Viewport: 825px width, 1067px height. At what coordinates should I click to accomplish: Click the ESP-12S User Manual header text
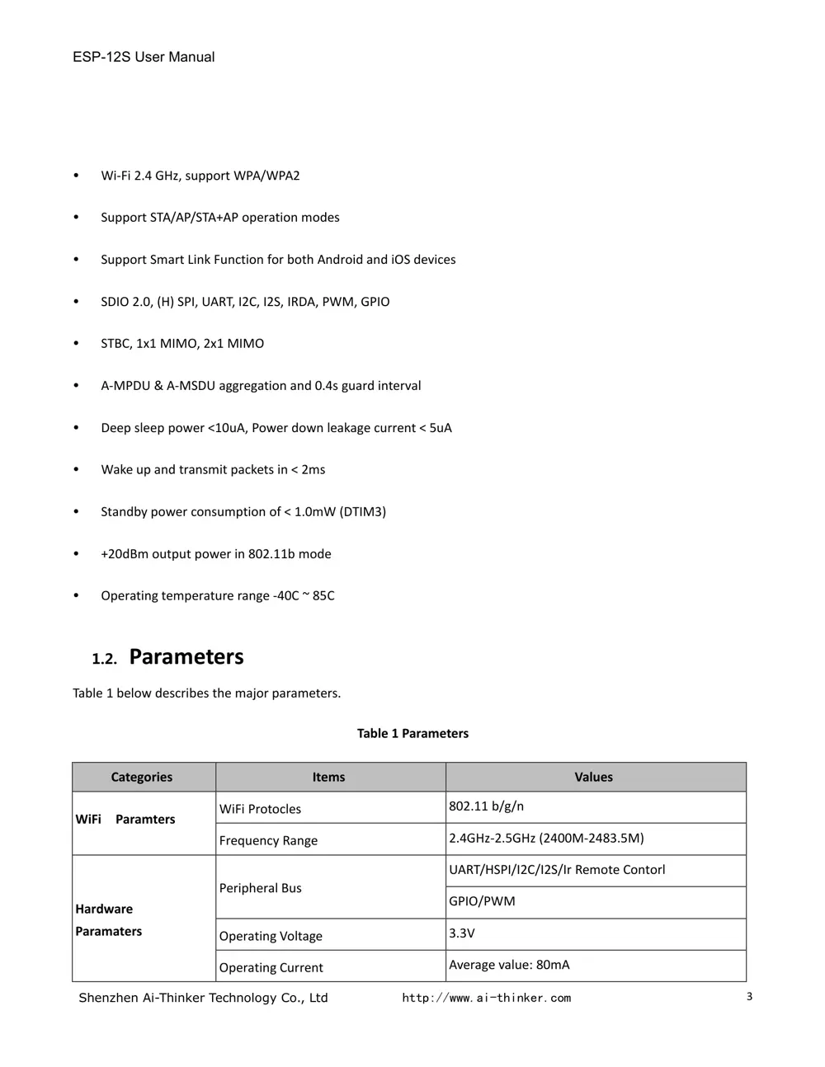coord(144,57)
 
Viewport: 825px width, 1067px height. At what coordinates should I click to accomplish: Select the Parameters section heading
coord(186,657)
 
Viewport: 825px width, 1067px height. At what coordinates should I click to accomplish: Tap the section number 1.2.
coord(104,659)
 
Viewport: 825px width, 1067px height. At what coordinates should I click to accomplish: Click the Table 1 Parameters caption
coord(412,733)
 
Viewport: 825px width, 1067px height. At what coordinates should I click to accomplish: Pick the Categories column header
coord(142,777)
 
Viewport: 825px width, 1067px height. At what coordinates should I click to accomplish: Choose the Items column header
coord(328,777)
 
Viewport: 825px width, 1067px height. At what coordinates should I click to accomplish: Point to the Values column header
coord(594,777)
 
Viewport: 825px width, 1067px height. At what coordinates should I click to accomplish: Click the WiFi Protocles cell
coord(261,809)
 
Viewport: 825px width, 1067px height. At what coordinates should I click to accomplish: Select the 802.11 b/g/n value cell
coord(487,806)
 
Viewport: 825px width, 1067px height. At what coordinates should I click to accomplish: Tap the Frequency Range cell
coord(269,840)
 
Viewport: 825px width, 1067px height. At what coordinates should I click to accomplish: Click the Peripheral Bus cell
coord(261,888)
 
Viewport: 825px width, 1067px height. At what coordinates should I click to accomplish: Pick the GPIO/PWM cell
coord(483,901)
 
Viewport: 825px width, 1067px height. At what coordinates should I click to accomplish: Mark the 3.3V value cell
coord(462,933)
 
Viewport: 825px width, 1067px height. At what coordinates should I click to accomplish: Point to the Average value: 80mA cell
coord(509,965)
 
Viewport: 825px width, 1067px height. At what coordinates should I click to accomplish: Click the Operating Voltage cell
coord(271,936)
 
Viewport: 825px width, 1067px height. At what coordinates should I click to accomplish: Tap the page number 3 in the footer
coord(749,997)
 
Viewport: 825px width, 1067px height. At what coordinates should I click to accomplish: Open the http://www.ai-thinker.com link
coord(487,998)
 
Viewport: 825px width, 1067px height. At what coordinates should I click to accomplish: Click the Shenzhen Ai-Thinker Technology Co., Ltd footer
coord(203,998)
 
